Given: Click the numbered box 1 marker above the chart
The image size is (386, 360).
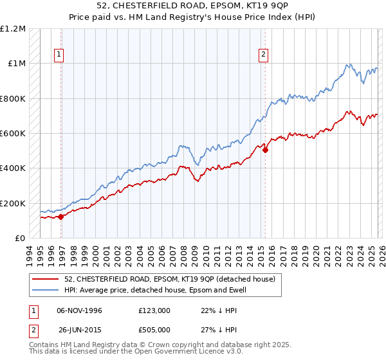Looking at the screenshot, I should (59, 55).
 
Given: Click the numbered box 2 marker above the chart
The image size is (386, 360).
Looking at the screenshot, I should (264, 55).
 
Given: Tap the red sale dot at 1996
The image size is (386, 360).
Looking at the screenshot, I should (61, 217).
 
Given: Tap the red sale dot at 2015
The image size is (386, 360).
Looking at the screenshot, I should (266, 150).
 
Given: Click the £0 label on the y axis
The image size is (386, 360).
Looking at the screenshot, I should (20, 239).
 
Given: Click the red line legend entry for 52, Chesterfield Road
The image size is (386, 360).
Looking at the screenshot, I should (170, 279).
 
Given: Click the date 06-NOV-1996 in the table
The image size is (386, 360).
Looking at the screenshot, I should (79, 310).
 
